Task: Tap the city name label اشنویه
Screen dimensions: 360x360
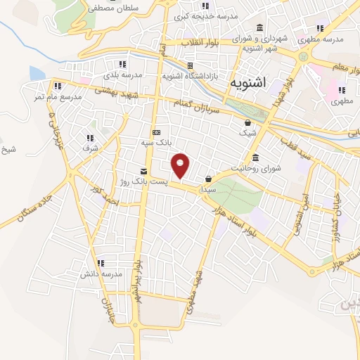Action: pyautogui.click(x=247, y=83)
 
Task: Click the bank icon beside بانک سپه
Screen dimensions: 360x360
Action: pyautogui.click(x=155, y=133)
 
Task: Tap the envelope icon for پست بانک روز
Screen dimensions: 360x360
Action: pyautogui.click(x=144, y=172)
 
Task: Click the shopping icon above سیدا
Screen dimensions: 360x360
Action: pyautogui.click(x=209, y=179)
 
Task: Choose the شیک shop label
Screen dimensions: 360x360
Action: pyautogui.click(x=249, y=132)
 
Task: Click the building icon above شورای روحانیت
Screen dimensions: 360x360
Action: pyautogui.click(x=255, y=157)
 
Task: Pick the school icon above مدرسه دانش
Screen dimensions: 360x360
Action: pyautogui.click(x=101, y=262)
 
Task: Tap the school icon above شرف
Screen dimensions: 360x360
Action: pyautogui.click(x=89, y=138)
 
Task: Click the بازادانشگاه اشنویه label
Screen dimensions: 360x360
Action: pyautogui.click(x=192, y=74)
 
